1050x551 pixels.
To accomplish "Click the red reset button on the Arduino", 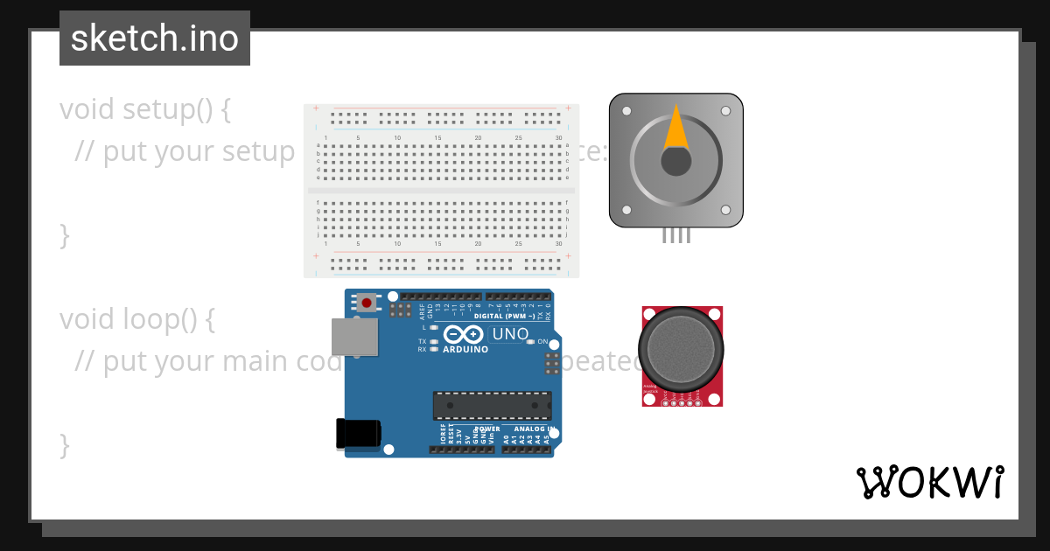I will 367,303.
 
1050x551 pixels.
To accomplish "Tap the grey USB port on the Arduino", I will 354,337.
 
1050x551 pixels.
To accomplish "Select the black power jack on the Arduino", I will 358,434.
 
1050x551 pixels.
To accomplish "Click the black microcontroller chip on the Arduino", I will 492,406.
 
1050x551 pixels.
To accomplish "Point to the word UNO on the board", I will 511,334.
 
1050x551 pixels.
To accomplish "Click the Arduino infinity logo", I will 463,334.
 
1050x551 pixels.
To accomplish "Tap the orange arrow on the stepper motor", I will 675,128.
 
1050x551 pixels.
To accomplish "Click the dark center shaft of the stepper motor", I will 675,161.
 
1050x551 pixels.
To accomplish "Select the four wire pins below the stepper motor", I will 675,234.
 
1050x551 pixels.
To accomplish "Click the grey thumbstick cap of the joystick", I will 682,349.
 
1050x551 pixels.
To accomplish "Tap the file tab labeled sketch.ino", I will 155,38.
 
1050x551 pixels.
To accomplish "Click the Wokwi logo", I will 929,482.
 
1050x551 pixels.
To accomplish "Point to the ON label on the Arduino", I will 542,341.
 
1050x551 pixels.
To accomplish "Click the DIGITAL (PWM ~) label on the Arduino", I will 511,316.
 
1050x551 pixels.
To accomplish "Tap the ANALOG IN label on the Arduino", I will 534,429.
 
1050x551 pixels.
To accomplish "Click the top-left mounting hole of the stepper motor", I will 626,111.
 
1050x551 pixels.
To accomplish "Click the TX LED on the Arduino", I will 433,341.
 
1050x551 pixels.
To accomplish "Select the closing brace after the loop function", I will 64,444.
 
